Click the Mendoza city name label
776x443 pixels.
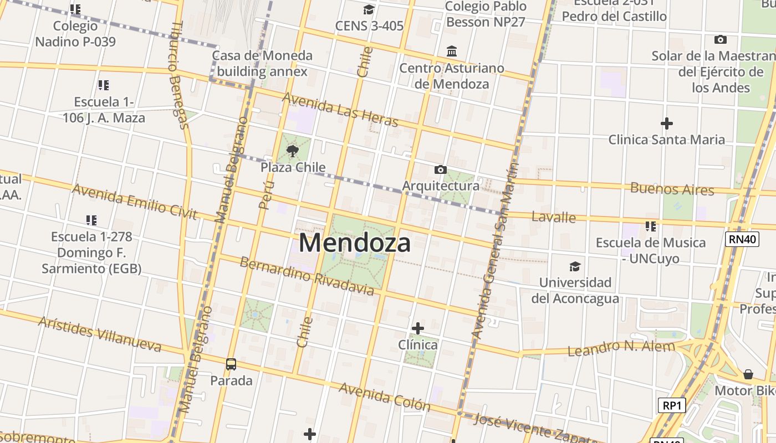[355, 243]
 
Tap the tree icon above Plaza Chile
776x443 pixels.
[293, 151]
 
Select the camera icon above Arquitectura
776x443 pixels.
[441, 169]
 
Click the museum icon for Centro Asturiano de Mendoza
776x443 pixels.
[452, 51]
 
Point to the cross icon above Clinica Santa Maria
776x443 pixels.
[667, 123]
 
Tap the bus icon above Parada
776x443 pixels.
[231, 364]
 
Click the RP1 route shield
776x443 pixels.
[672, 405]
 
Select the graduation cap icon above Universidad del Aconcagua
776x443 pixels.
[575, 266]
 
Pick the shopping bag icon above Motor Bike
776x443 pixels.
[748, 374]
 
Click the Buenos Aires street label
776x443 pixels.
[672, 189]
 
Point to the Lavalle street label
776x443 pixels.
[553, 217]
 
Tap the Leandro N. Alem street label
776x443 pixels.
[621, 348]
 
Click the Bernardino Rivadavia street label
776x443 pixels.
[307, 275]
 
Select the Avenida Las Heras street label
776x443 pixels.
[340, 109]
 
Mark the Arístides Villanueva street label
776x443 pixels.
[100, 334]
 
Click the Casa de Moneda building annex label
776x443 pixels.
[262, 64]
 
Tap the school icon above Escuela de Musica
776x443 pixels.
[650, 226]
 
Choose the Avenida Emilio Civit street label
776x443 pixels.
[134, 202]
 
